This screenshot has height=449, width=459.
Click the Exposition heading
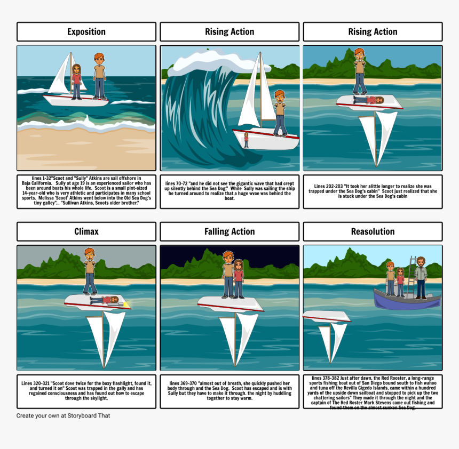(86, 32)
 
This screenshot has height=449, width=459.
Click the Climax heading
(86, 231)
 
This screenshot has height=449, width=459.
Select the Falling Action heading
(230, 231)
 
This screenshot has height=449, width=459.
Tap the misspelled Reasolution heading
(373, 231)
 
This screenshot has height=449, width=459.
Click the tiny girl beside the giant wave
(246, 140)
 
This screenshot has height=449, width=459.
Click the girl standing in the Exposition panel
(77, 81)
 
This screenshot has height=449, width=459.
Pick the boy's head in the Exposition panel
(99, 58)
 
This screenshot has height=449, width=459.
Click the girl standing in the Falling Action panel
(239, 278)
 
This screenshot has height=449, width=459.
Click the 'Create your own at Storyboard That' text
(63, 415)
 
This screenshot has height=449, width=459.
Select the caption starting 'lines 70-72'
(230, 191)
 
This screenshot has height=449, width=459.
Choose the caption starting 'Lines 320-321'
(86, 390)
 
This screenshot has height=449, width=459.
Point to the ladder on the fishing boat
(411, 272)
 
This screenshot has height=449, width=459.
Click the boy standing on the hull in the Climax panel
(90, 271)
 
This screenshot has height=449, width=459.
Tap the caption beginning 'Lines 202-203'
(373, 191)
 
